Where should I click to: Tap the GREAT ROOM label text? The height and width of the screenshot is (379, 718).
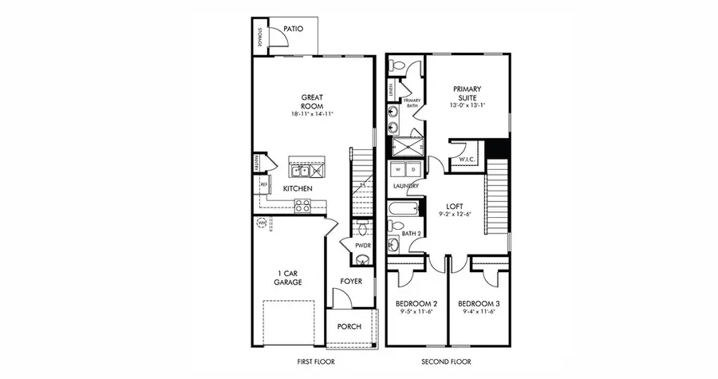311,101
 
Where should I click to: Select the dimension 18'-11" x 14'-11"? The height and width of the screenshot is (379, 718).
311,115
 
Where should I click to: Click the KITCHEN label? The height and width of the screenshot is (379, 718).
298,188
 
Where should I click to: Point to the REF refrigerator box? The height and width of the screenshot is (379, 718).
263,184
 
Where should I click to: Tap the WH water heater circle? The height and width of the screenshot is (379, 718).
261,223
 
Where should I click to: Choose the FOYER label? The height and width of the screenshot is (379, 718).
352,281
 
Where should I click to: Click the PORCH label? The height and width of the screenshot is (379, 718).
349,326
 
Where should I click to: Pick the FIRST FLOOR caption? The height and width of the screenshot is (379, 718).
314,362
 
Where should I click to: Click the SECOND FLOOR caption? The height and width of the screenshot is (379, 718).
447,362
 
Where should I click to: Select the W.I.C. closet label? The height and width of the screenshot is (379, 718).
467,160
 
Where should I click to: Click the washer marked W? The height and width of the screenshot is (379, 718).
399,169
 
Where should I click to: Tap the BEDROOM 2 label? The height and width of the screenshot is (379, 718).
416,304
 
